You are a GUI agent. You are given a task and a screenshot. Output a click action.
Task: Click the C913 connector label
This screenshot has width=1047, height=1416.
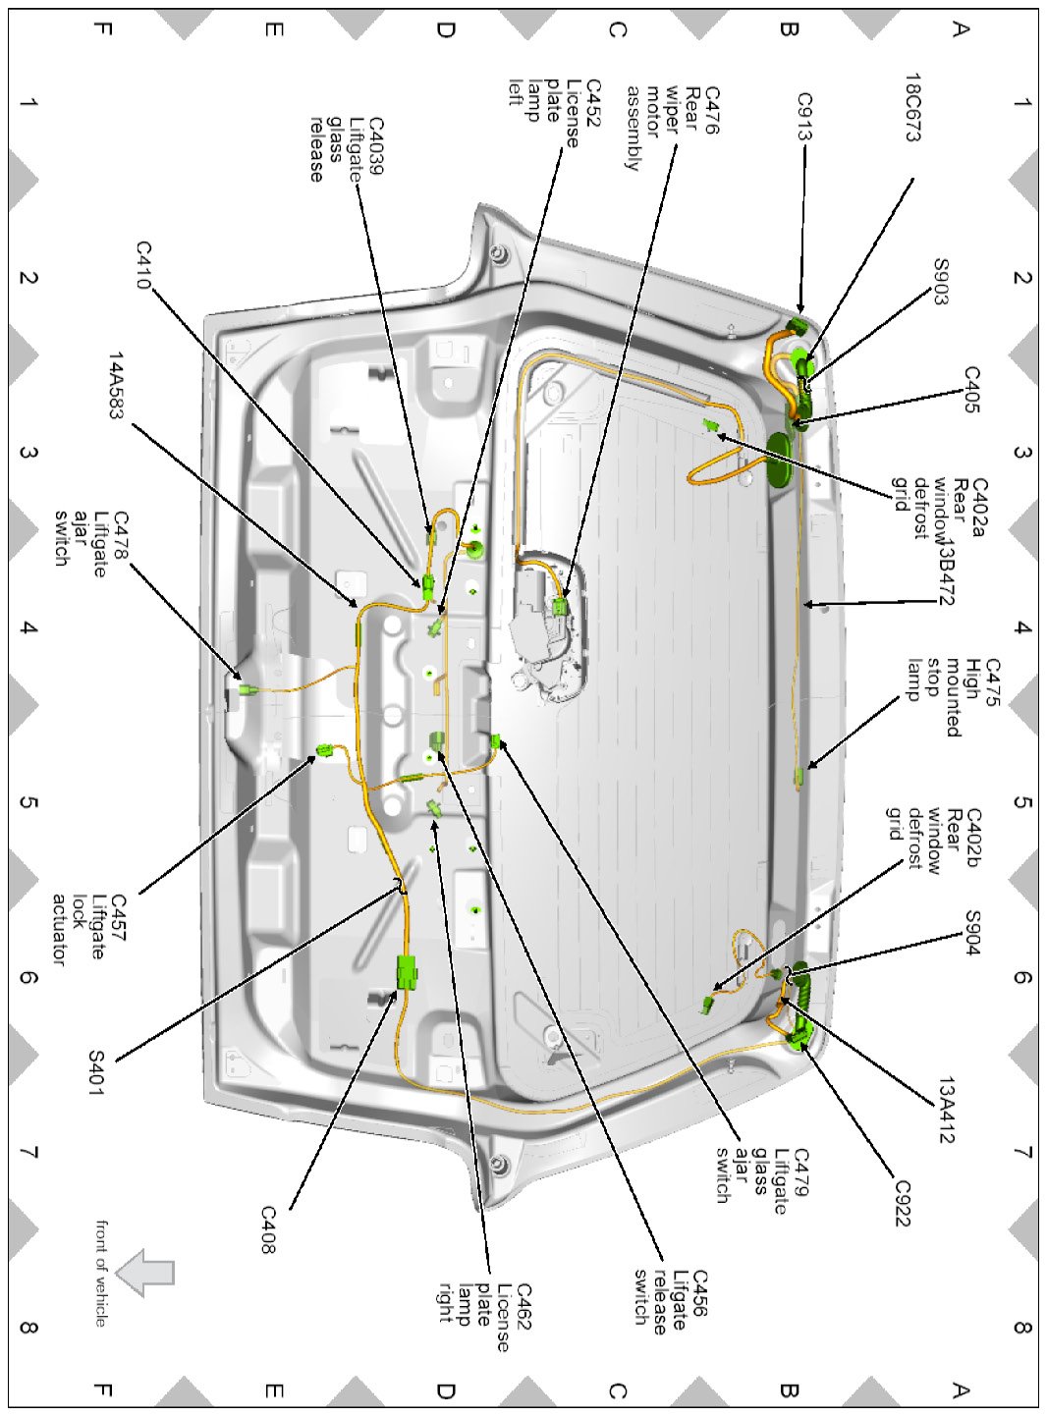click(804, 117)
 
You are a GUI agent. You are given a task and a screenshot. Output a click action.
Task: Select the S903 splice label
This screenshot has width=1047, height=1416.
click(941, 283)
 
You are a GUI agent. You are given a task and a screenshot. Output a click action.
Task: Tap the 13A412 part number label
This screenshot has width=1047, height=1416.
click(946, 1111)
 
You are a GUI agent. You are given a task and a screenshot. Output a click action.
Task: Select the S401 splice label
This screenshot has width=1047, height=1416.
click(96, 1074)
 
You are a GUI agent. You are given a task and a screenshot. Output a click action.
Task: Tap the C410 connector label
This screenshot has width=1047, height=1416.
click(143, 265)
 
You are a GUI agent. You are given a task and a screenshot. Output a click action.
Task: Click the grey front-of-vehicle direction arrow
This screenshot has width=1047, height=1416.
click(145, 1273)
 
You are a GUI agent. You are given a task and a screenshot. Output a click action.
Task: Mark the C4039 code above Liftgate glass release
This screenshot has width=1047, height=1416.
click(375, 146)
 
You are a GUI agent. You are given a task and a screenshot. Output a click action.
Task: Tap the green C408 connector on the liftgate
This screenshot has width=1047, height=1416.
click(406, 972)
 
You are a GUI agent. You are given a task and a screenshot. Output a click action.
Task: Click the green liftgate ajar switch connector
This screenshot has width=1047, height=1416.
click(245, 691)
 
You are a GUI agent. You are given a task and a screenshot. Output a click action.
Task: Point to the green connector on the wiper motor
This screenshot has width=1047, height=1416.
click(561, 605)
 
